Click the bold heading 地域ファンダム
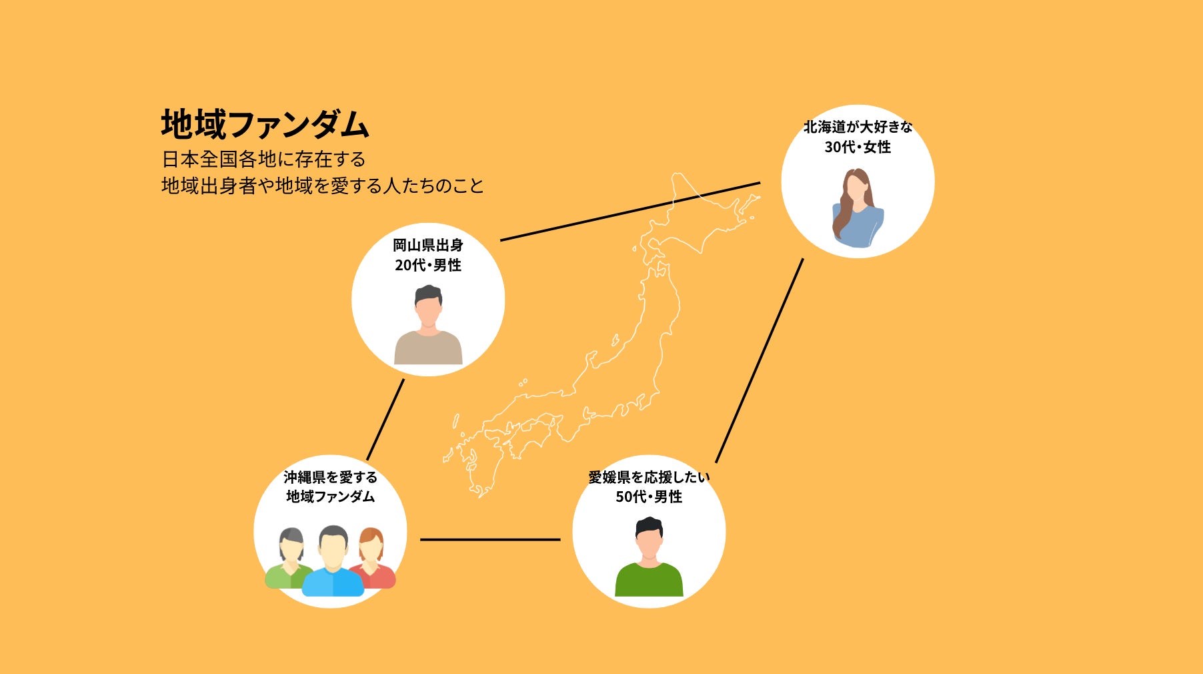265,125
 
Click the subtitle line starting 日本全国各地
263,159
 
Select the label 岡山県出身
427,245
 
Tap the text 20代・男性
427,265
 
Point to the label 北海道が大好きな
857,127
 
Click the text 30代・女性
857,147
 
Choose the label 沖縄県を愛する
330,477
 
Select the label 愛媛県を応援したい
648,477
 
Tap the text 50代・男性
648,496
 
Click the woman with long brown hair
857,208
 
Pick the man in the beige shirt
427,327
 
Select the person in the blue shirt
333,564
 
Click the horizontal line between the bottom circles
490,539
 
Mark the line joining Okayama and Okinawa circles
385,419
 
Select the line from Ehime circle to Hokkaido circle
759,360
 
